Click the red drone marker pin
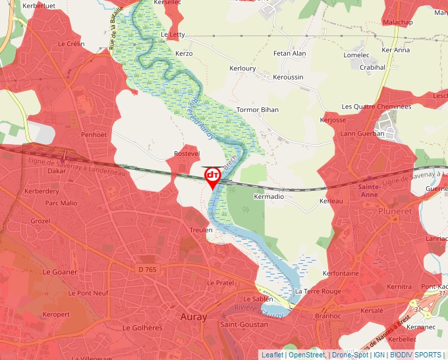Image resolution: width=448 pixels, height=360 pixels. (212, 176)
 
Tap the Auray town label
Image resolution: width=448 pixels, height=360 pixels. (194, 317)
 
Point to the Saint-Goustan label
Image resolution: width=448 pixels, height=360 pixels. (244, 324)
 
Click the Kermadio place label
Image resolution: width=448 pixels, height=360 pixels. (269, 197)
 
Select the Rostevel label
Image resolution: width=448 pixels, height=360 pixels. (186, 153)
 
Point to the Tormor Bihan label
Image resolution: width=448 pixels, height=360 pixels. (257, 110)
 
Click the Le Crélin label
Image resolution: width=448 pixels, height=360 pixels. (71, 44)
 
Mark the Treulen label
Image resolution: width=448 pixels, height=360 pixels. (201, 230)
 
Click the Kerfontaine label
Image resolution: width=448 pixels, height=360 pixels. (341, 273)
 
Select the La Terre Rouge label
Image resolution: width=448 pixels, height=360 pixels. (318, 291)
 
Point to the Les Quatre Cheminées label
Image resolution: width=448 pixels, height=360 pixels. (376, 107)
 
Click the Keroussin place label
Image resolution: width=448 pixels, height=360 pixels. (289, 77)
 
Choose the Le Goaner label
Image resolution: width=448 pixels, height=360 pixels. (60, 272)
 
